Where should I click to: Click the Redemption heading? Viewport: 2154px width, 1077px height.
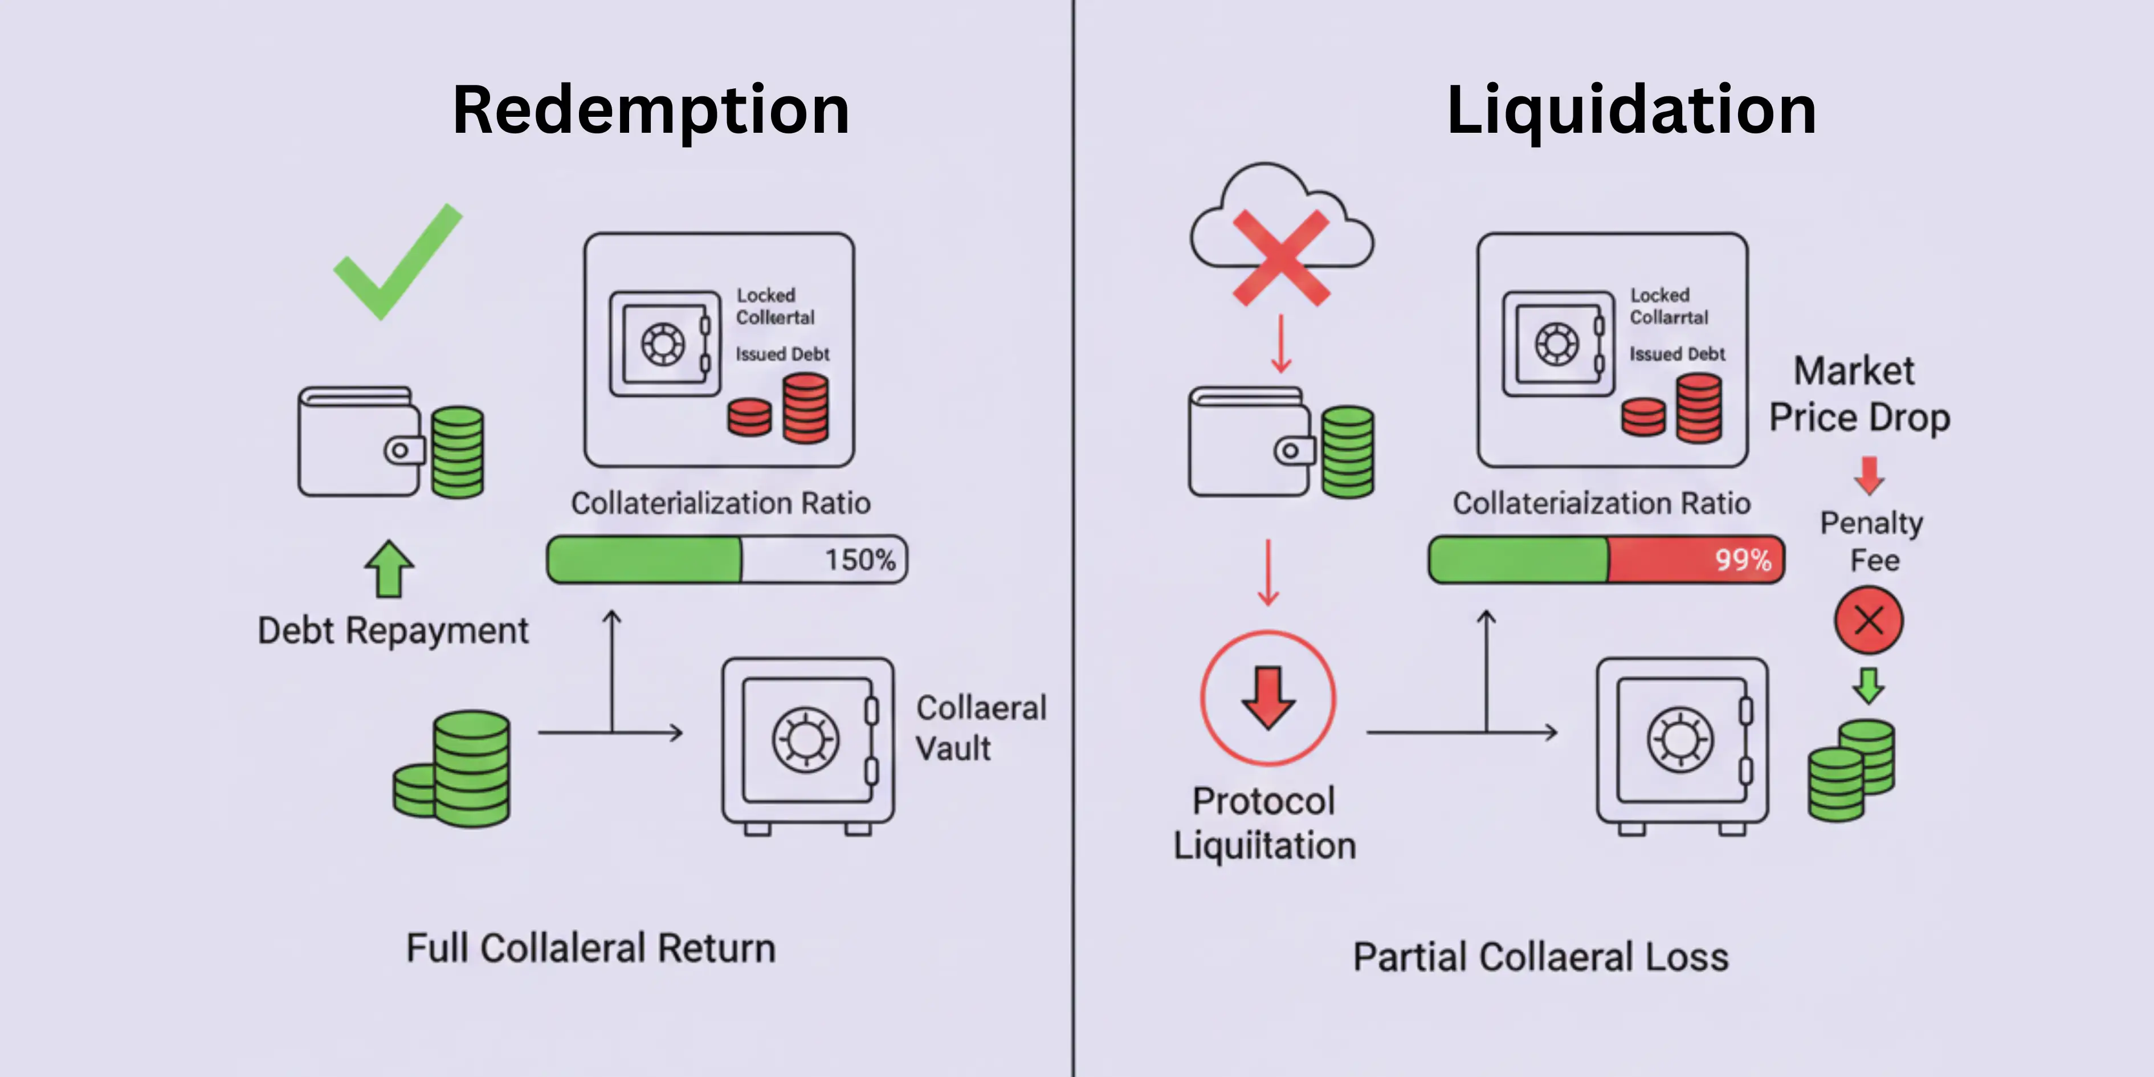(x=651, y=111)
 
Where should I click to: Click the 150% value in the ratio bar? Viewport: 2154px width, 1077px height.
(x=859, y=560)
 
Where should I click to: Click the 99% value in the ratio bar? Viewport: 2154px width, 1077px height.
(x=1743, y=560)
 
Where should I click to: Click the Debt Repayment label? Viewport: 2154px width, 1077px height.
(x=393, y=630)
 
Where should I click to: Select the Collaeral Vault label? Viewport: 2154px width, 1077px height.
(x=980, y=728)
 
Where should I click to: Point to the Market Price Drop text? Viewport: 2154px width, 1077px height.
(x=1858, y=394)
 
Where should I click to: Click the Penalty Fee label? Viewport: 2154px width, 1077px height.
(x=1871, y=541)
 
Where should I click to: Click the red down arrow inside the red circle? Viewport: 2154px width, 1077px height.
(x=1268, y=697)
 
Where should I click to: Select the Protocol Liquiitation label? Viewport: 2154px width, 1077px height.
(x=1264, y=823)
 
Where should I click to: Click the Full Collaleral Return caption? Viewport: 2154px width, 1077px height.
(x=590, y=948)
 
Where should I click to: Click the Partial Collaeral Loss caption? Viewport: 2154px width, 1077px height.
(x=1540, y=957)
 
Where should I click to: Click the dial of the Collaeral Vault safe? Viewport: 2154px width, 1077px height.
(x=805, y=739)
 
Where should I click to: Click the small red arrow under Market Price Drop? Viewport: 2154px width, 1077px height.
(x=1869, y=475)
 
